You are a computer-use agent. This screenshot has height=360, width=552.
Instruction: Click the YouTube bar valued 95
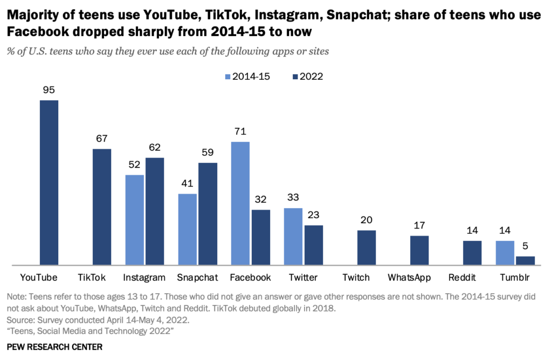point(49,183)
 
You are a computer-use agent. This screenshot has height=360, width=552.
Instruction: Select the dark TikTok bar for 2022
point(102,207)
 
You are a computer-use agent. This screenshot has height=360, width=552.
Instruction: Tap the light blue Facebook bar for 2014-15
point(240,203)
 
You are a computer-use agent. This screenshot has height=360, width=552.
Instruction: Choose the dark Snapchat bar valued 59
point(208,214)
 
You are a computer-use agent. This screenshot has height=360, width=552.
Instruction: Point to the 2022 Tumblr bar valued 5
point(525,261)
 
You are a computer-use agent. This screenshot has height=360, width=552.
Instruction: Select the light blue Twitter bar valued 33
point(293,237)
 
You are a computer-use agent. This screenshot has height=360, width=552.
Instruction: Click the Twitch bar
point(367,248)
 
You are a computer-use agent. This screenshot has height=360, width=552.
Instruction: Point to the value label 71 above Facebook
point(240,131)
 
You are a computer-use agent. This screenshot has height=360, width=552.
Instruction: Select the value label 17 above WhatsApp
point(419,225)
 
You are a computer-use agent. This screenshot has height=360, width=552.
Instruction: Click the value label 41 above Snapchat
point(188,183)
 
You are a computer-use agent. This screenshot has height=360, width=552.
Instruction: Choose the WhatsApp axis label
point(409,278)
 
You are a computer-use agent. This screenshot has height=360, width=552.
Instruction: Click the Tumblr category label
point(515,278)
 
